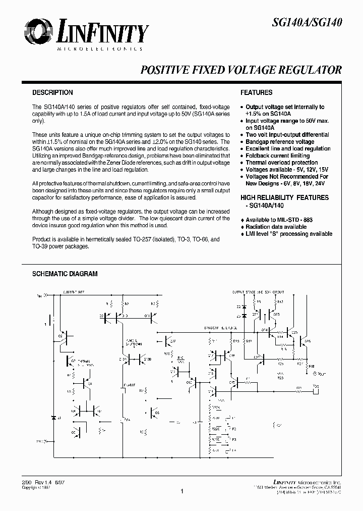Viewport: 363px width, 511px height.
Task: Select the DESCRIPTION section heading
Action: coord(52,93)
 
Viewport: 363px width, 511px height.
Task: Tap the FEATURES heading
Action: coord(256,93)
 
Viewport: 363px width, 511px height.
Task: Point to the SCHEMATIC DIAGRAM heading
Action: coord(65,274)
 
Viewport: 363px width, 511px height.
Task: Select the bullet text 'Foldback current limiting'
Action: coord(274,156)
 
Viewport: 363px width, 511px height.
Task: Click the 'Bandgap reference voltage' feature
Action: coord(280,142)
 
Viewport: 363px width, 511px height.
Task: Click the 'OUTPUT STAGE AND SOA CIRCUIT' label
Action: coord(258,292)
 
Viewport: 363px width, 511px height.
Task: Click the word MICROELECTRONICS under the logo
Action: coord(99,49)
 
